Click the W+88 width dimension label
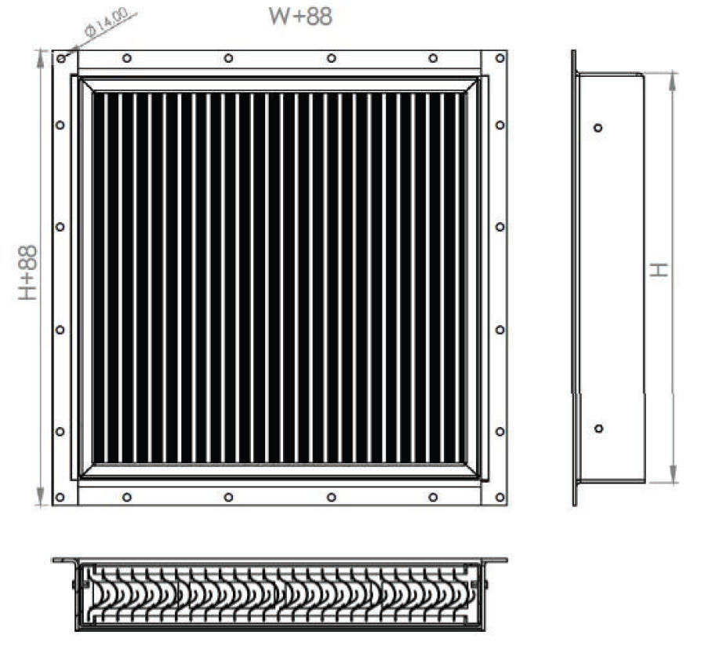tap(300, 16)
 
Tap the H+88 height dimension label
tap(27, 272)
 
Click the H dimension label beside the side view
tap(659, 270)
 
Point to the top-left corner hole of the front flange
tap(62, 59)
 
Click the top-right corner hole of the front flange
tap(499, 58)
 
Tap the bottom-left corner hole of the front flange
tap(60, 497)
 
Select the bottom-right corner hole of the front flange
tap(499, 497)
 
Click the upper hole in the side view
tap(597, 128)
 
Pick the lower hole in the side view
tap(598, 429)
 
